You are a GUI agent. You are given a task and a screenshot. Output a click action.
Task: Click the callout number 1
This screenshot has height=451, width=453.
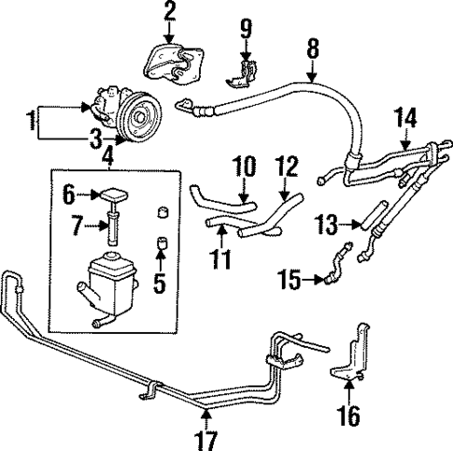click(x=31, y=121)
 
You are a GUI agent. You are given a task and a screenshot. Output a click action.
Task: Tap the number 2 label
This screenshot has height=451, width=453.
click(x=169, y=12)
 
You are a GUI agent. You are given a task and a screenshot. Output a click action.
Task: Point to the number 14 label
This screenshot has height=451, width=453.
click(x=403, y=118)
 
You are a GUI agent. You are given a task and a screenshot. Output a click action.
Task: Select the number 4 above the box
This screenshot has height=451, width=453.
click(x=108, y=154)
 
